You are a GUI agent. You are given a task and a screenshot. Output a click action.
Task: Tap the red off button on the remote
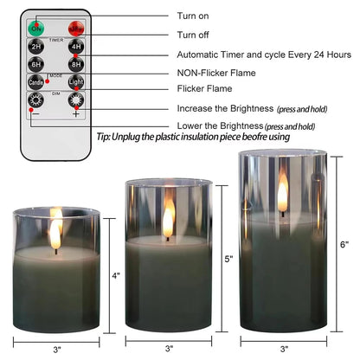click(76, 28)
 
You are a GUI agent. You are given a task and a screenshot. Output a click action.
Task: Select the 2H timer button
click(37, 47)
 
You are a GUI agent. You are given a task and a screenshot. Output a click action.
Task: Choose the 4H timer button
click(76, 47)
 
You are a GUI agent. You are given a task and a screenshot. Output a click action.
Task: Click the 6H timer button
click(37, 65)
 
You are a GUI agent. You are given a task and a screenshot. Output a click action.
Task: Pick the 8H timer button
click(76, 65)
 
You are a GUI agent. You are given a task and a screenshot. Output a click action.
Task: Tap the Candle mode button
click(37, 84)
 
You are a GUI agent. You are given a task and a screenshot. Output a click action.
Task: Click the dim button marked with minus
click(37, 103)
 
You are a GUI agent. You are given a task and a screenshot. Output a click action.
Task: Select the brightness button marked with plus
click(76, 103)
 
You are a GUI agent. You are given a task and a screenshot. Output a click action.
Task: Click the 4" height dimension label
click(117, 276)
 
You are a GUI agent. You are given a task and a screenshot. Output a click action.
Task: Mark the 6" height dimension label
click(344, 245)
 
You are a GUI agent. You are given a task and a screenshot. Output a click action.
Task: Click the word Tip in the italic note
click(104, 136)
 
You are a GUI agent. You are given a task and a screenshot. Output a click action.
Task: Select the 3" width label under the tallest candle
click(282, 349)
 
